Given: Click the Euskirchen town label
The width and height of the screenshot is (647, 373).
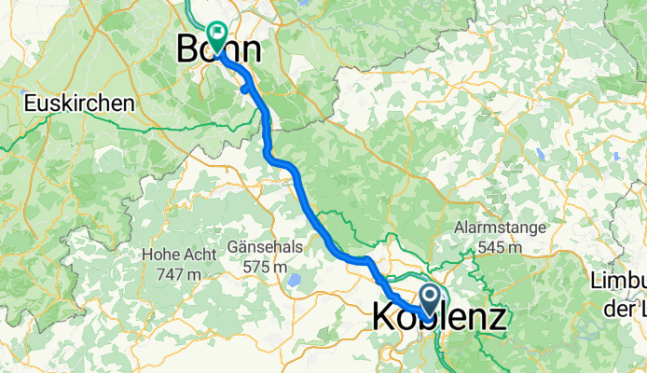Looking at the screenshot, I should (79, 103).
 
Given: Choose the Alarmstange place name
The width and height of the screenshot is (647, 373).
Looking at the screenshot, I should (492, 228).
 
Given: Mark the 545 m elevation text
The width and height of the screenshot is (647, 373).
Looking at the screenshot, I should (492, 247).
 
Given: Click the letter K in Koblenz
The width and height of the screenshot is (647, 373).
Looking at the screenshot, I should (382, 317).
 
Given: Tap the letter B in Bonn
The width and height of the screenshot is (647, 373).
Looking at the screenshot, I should (189, 48).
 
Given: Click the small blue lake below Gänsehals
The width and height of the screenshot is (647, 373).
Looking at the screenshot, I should (295, 280).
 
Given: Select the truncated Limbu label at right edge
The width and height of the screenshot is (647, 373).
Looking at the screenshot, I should (619, 281).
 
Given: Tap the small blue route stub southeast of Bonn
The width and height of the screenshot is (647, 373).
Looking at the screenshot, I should (244, 90).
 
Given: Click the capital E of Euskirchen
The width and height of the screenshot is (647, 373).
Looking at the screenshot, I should (30, 103).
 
